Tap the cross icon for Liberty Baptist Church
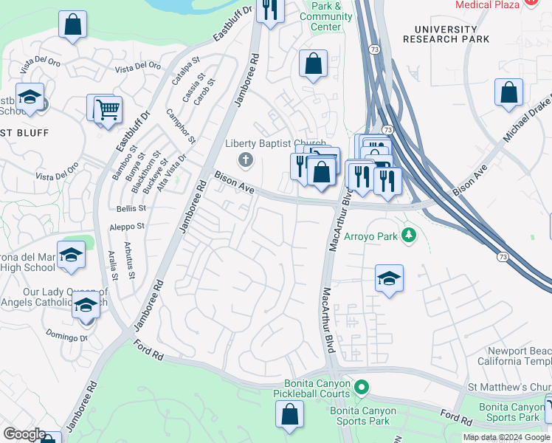[x=245, y=159]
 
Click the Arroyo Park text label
[x=370, y=238]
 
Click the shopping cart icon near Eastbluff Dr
[x=108, y=110]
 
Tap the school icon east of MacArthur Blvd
[x=389, y=279]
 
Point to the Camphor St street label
[x=182, y=126]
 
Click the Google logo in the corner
[x=24, y=434]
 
